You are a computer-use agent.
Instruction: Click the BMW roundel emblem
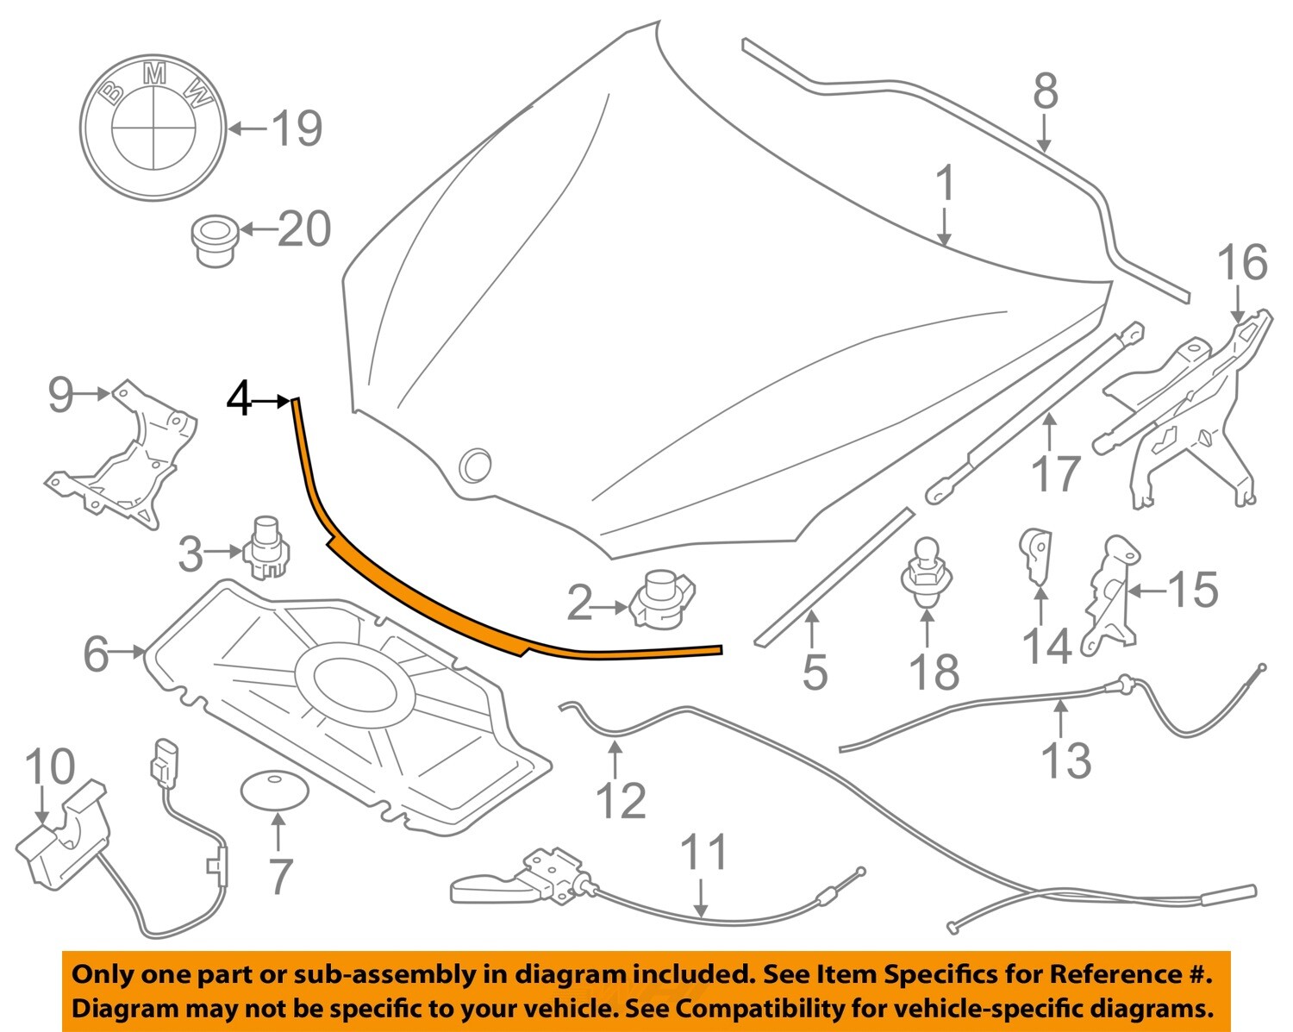(x=153, y=127)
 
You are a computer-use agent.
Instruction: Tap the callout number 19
(x=297, y=128)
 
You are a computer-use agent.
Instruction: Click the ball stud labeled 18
(x=927, y=574)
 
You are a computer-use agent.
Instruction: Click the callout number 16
(x=1242, y=263)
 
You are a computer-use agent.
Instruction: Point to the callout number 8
(x=1046, y=91)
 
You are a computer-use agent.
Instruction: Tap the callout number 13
(x=1066, y=760)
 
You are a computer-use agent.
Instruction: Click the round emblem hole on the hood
(x=475, y=464)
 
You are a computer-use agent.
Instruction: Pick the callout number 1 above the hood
(x=946, y=184)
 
